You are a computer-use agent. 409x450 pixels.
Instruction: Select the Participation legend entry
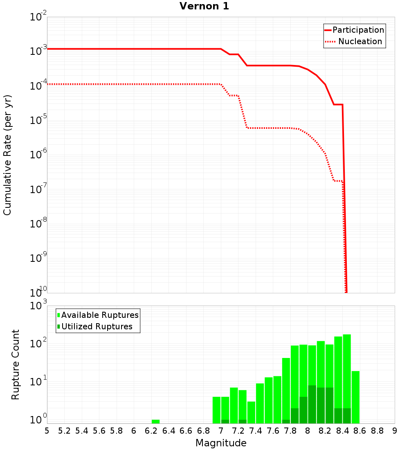click(358, 30)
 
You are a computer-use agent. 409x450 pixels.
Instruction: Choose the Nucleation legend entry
click(360, 41)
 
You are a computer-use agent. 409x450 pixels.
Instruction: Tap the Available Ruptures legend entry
click(100, 315)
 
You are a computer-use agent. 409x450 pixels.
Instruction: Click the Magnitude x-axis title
click(221, 443)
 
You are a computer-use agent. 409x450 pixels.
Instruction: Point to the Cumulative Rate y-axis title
click(8, 155)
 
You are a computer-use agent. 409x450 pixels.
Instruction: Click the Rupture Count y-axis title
click(16, 364)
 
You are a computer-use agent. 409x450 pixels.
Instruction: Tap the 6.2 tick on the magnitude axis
click(151, 431)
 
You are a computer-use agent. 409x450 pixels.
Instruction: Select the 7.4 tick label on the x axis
click(256, 431)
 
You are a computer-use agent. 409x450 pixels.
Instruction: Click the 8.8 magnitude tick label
click(377, 431)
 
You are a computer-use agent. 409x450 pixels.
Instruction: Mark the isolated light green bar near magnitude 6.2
click(155, 421)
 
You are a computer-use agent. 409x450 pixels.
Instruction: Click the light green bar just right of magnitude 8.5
click(355, 397)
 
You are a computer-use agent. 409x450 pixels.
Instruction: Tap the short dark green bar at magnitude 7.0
click(225, 421)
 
